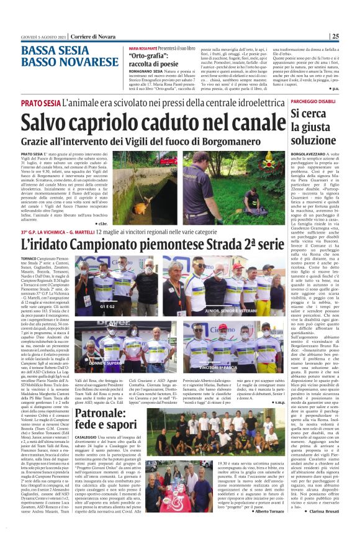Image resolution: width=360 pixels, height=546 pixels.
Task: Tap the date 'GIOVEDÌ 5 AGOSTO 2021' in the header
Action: [x=30, y=37]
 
